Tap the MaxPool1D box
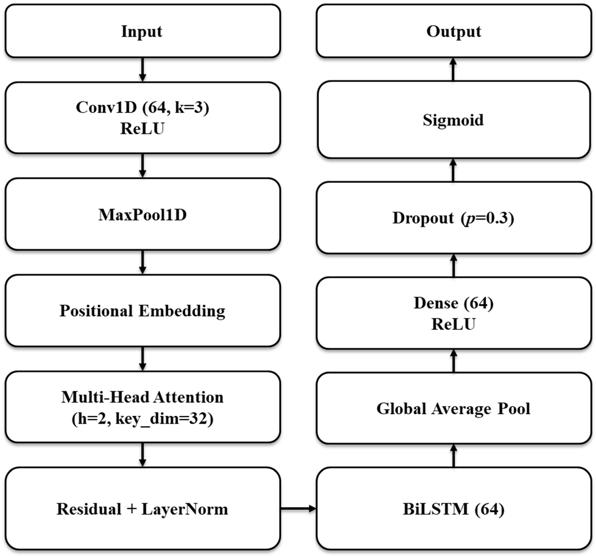tap(143, 215)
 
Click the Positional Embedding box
tap(143, 311)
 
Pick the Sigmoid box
tap(454, 120)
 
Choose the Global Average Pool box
tap(454, 409)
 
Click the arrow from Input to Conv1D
tap(143, 69)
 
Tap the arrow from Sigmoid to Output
tap(453, 69)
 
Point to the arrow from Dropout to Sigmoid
tap(453, 170)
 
